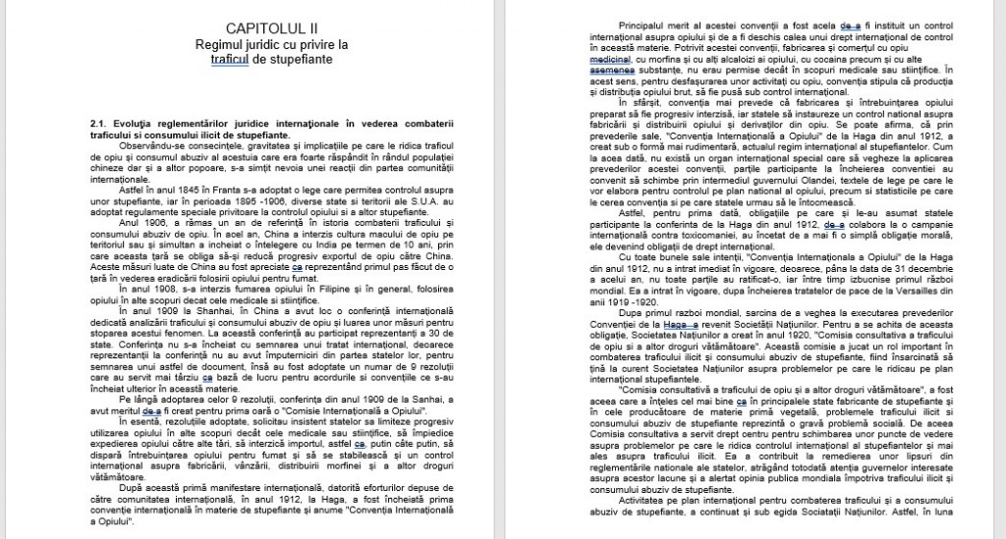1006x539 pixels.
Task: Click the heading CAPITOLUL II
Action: point(272,29)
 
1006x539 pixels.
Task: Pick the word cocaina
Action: point(816,59)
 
